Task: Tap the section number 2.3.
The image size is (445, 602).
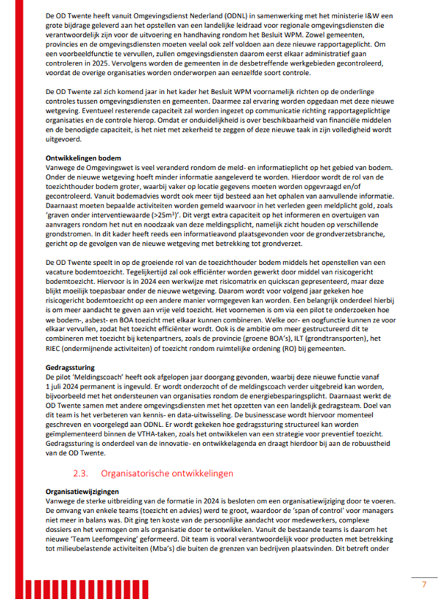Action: tap(82, 472)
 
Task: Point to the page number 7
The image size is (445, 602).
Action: tap(423, 585)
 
